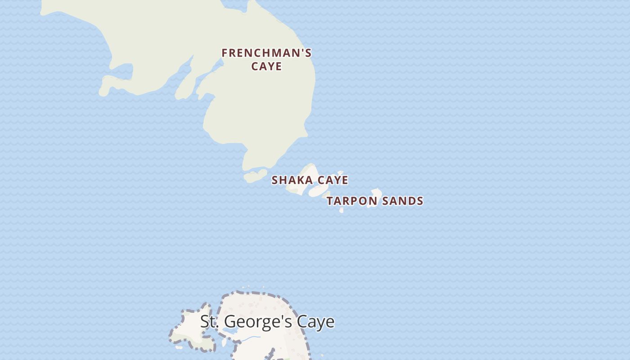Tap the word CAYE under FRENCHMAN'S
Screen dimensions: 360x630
pos(266,66)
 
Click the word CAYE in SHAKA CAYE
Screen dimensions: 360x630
pos(333,180)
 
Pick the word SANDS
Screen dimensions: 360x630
pos(403,201)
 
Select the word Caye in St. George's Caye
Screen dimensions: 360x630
pos(319,322)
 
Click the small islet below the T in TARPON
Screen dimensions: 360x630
pos(342,210)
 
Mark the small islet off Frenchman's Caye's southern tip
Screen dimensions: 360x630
pos(255,175)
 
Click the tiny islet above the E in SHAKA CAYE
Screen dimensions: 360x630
pos(341,172)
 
